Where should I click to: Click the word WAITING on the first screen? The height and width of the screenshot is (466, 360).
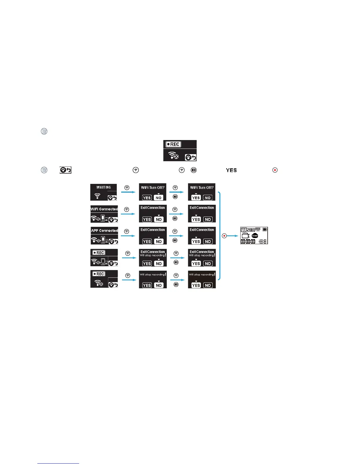[104, 187]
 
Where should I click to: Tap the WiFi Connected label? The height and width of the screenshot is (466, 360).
[104, 209]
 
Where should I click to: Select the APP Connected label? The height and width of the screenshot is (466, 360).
[104, 231]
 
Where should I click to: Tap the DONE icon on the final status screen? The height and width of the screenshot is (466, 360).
[255, 236]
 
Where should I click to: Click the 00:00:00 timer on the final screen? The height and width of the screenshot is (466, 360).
[248, 242]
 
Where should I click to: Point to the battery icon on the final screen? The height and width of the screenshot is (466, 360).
[265, 229]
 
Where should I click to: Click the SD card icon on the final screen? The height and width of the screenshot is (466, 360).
[244, 230]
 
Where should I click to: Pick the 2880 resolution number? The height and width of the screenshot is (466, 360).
[251, 230]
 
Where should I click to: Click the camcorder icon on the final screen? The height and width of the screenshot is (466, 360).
[245, 236]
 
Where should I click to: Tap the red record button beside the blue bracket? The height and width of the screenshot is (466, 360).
[224, 236]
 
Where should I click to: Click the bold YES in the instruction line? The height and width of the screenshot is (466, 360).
[231, 170]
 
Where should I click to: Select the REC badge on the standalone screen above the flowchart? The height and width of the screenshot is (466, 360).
[173, 144]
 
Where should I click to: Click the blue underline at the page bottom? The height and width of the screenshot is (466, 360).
[58, 463]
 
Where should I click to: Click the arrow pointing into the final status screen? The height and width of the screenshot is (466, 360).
[233, 236]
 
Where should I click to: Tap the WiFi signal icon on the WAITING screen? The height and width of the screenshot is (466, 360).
[97, 196]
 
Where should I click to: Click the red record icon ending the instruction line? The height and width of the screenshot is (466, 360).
[275, 170]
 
